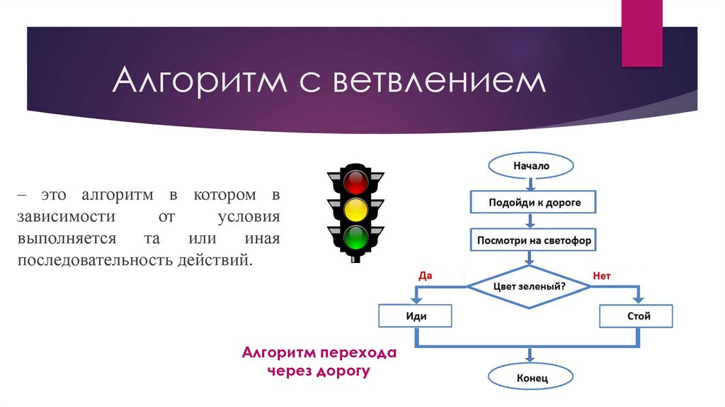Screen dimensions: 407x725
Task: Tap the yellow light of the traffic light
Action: [x=355, y=211]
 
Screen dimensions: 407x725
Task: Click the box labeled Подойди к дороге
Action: [x=535, y=202]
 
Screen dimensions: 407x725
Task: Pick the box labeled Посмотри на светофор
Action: [x=535, y=240]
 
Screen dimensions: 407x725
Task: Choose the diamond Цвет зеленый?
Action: [x=528, y=286]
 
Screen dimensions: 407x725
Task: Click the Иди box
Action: [x=416, y=316]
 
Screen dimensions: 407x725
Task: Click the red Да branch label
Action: [x=425, y=275]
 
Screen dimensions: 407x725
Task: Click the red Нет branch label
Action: [x=601, y=275]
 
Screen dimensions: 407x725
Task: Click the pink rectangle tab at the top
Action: [x=641, y=32]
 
